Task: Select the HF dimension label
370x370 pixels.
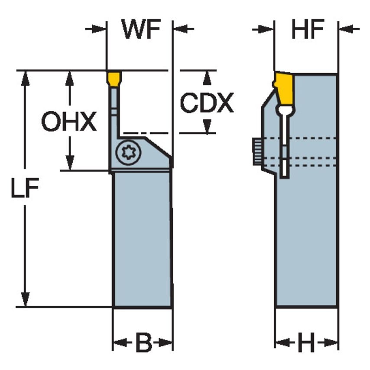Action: pyautogui.click(x=308, y=29)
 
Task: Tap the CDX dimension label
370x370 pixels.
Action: pyautogui.click(x=207, y=103)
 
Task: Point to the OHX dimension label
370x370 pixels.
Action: pyautogui.click(x=69, y=122)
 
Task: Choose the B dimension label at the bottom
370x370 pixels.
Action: pyautogui.click(x=143, y=344)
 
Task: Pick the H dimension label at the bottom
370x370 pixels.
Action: pyautogui.click(x=307, y=344)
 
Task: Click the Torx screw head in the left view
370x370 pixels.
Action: pyautogui.click(x=128, y=152)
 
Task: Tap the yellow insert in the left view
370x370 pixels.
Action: pyautogui.click(x=114, y=79)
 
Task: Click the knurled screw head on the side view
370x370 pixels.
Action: pyautogui.click(x=256, y=151)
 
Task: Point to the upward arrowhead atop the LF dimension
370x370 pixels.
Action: pyautogui.click(x=26, y=77)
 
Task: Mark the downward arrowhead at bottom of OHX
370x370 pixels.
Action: pyautogui.click(x=69, y=164)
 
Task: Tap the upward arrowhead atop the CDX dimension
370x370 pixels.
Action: pyautogui.click(x=207, y=77)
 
